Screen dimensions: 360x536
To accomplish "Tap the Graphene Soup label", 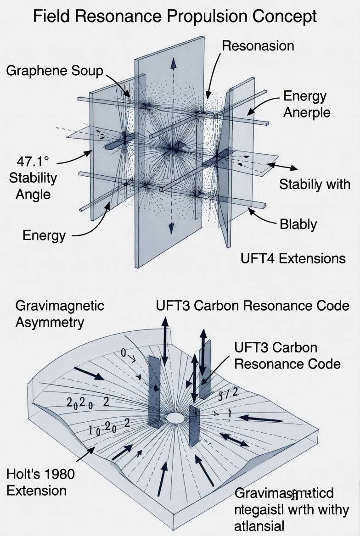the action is [55, 71].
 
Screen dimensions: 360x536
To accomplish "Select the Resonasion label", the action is [258, 45].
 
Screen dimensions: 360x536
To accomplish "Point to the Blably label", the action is [298, 224].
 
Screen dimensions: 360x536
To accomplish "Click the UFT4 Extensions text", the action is [293, 258].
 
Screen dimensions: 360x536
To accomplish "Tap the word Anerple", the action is [306, 112].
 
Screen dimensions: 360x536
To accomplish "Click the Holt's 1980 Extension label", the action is [40, 481].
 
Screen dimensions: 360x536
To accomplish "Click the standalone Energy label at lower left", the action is [44, 236].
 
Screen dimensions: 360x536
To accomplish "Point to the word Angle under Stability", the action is [33, 194].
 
